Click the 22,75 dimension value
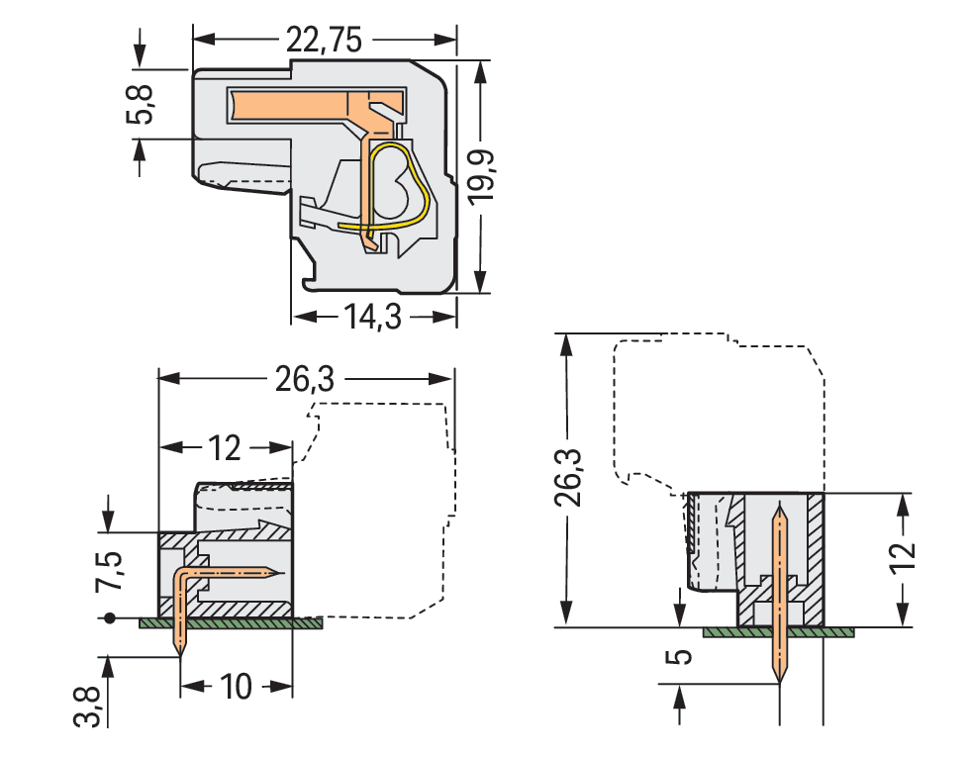coord(324,40)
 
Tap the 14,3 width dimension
coord(375,317)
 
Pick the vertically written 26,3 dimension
coord(568,477)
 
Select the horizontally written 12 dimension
coord(226,448)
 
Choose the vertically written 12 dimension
coord(902,561)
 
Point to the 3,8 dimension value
coord(88,706)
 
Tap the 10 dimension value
coord(238,686)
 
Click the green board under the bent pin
coord(232,623)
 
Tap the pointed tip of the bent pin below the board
coord(180,648)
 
